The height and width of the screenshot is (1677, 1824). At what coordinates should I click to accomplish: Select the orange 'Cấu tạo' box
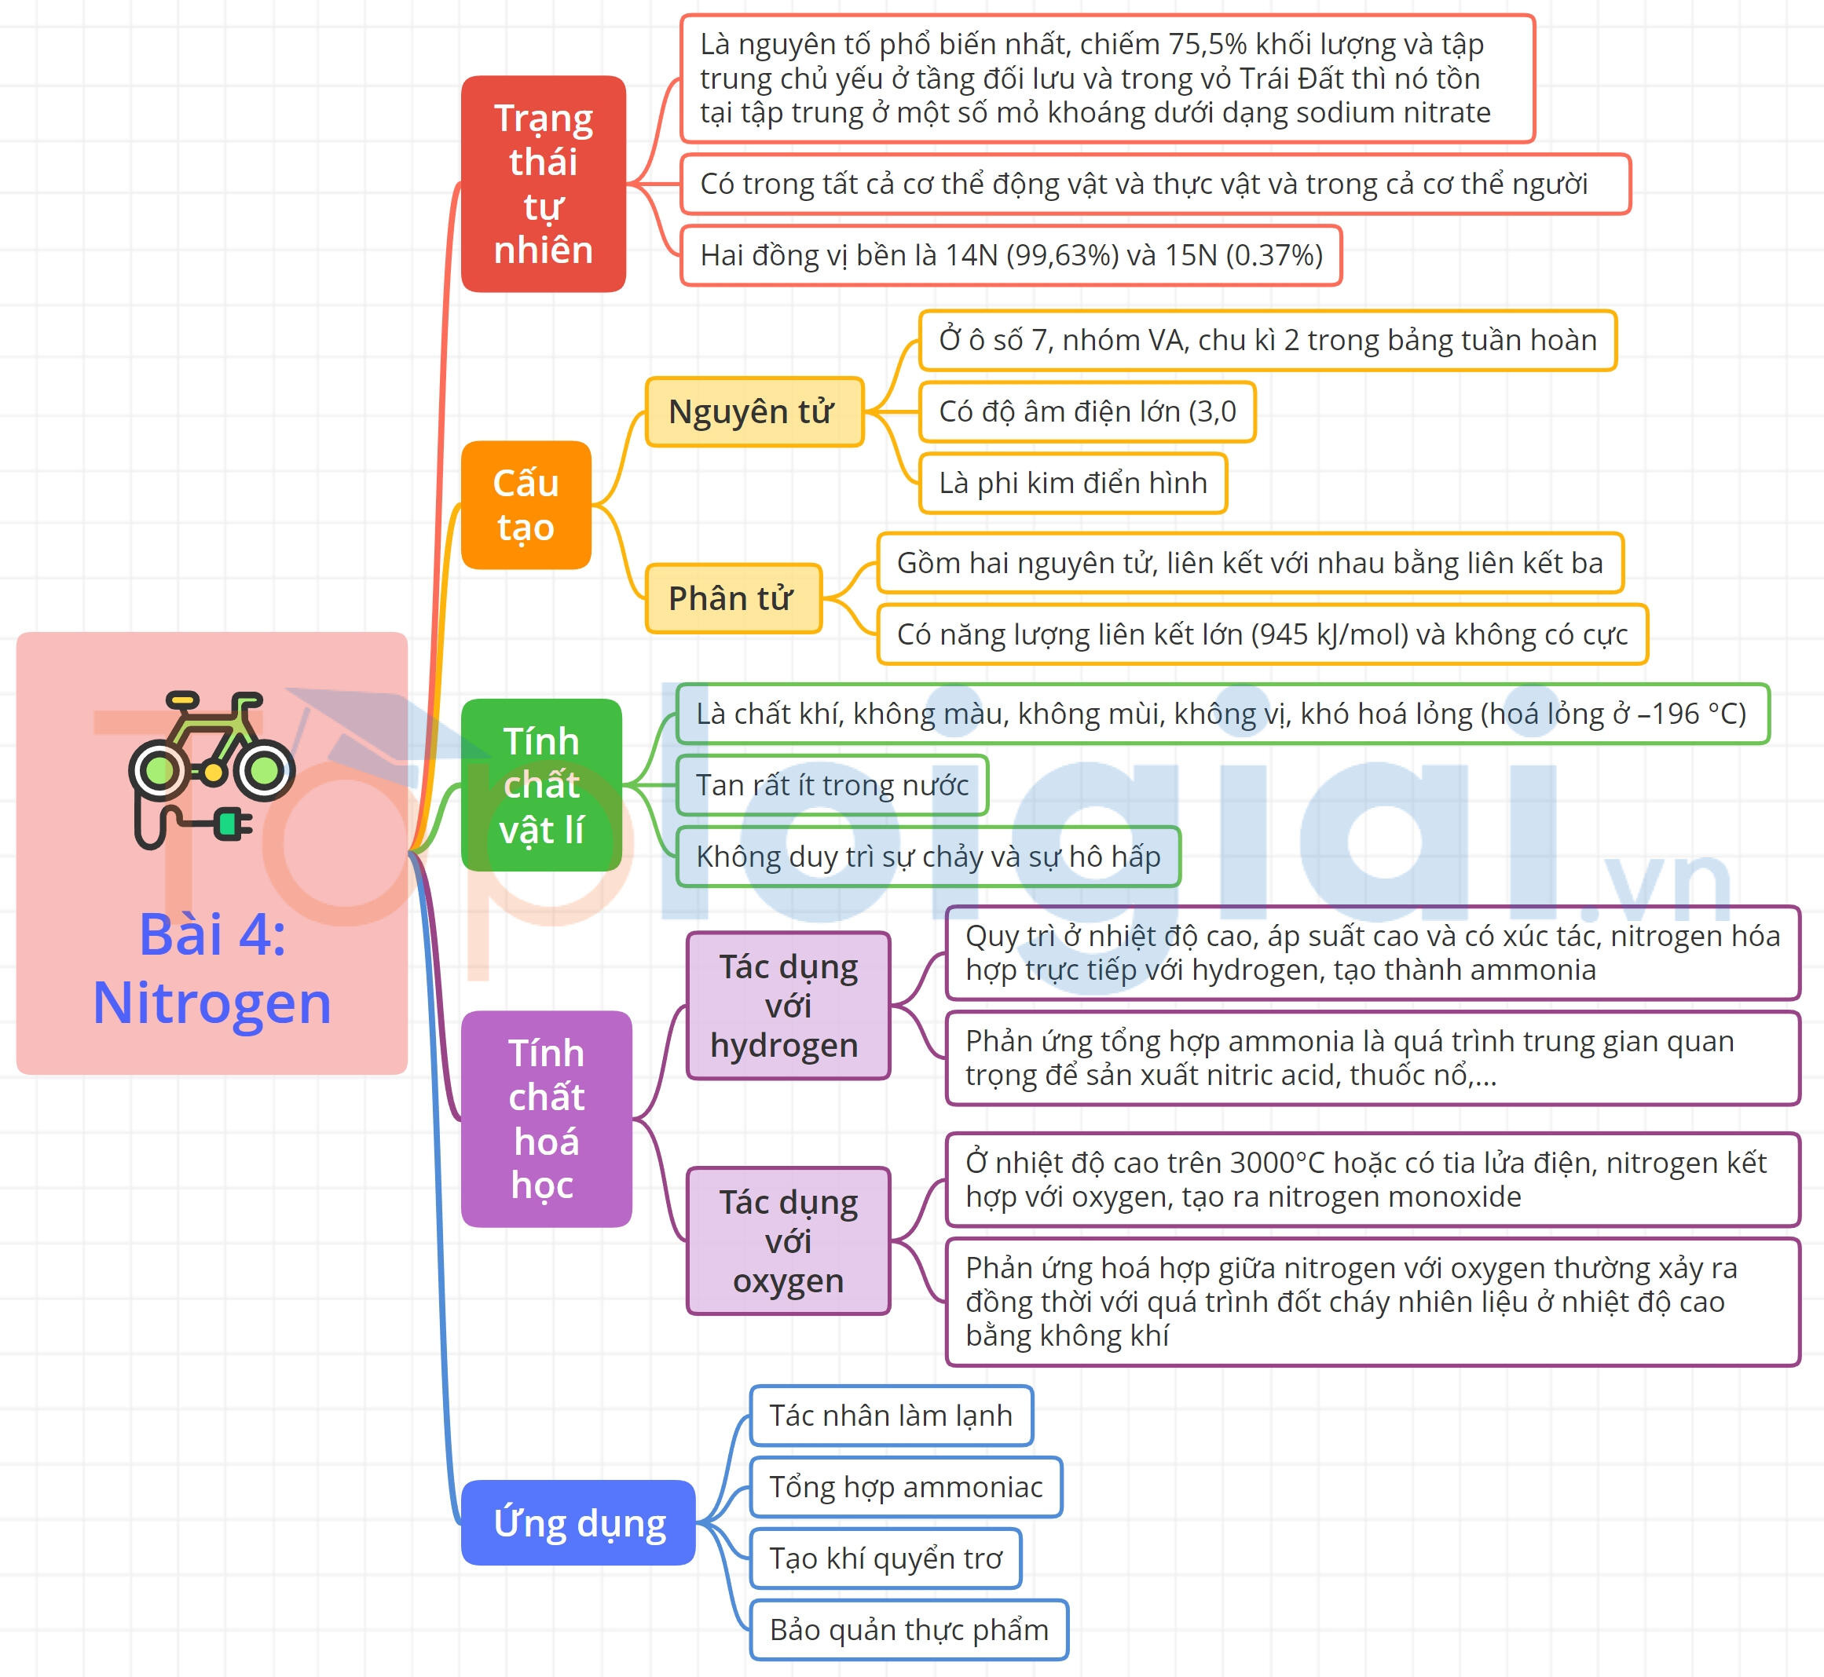coord(526,505)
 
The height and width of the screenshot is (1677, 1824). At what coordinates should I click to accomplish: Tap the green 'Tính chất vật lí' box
coord(541,785)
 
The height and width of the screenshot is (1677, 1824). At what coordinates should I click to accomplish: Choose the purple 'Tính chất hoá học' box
coord(546,1118)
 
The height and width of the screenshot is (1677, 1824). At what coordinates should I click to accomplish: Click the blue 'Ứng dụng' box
coord(578,1523)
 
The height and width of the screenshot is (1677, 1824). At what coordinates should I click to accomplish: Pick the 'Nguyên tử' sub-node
coord(753,412)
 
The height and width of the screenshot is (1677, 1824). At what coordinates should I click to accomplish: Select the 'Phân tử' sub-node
coord(732,599)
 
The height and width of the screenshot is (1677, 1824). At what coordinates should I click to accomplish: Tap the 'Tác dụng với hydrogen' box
coord(787,1006)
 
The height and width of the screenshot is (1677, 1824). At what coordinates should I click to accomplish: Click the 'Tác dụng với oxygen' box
coord(787,1240)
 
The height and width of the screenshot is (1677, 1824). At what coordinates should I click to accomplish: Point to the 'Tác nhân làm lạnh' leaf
coord(891,1416)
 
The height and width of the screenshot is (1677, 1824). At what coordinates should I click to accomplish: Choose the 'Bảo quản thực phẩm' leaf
coord(909,1630)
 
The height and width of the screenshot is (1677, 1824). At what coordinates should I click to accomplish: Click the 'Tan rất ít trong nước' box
coord(832,785)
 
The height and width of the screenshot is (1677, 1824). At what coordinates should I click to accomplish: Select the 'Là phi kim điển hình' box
coord(1072,483)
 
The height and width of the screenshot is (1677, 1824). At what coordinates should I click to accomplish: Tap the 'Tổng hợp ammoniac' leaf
coord(905,1487)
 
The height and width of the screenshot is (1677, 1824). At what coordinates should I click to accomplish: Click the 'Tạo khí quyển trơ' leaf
coord(885,1558)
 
